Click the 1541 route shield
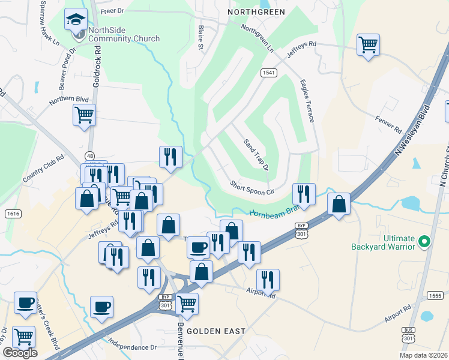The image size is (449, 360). (268, 73)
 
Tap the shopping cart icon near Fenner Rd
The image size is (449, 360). (367, 44)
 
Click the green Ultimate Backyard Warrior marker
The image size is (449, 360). (425, 242)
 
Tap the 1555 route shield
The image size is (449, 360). (436, 295)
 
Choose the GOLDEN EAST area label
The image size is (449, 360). (215, 331)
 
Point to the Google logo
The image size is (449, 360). (20, 353)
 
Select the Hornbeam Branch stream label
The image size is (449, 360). (274, 211)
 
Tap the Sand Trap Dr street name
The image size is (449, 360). (256, 154)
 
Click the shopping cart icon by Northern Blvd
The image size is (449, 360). (84, 115)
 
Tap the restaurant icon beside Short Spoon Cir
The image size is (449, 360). (304, 194)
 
